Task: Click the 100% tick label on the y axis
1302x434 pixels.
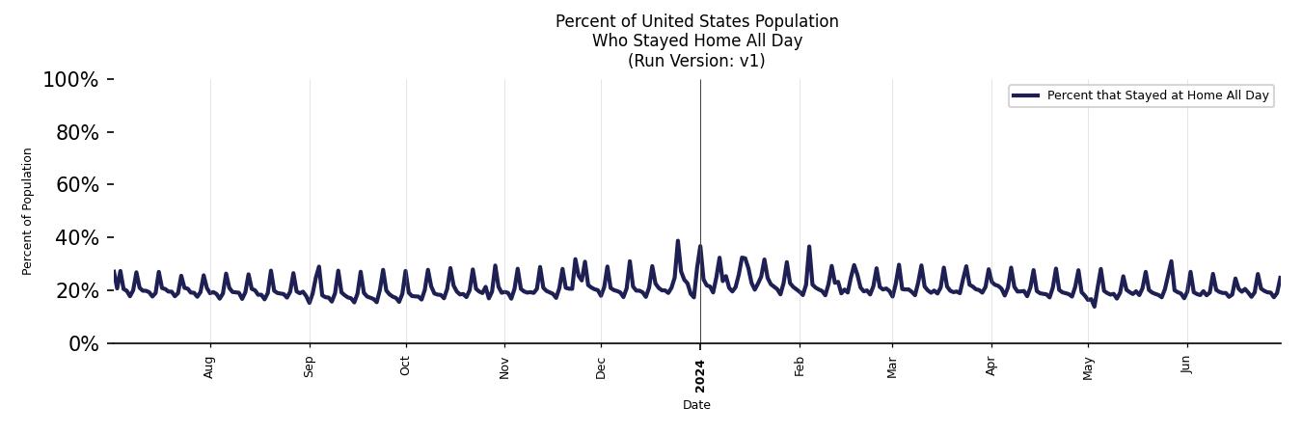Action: point(70,80)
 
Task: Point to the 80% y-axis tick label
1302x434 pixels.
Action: point(77,133)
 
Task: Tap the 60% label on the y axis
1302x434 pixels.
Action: point(77,185)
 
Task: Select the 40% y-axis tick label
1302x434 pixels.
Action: point(77,238)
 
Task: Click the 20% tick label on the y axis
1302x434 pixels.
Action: point(77,291)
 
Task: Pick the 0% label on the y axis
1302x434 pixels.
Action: point(83,344)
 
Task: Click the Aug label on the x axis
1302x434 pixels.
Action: point(209,366)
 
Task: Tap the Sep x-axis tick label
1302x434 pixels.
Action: point(309,366)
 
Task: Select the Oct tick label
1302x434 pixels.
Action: point(405,366)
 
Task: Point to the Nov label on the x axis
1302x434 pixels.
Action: point(503,366)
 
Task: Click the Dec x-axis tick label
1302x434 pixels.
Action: point(601,366)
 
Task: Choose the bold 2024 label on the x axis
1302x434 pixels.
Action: point(700,368)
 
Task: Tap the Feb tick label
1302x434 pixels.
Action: point(799,366)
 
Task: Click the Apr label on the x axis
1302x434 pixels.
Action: point(990,366)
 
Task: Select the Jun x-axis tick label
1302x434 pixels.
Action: point(1186,366)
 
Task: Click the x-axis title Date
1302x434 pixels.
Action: point(696,405)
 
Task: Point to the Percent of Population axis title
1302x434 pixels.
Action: point(28,211)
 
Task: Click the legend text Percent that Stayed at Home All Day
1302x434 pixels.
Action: point(1157,95)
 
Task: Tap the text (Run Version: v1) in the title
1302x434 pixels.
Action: point(696,61)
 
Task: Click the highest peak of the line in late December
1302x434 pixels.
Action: point(677,241)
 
